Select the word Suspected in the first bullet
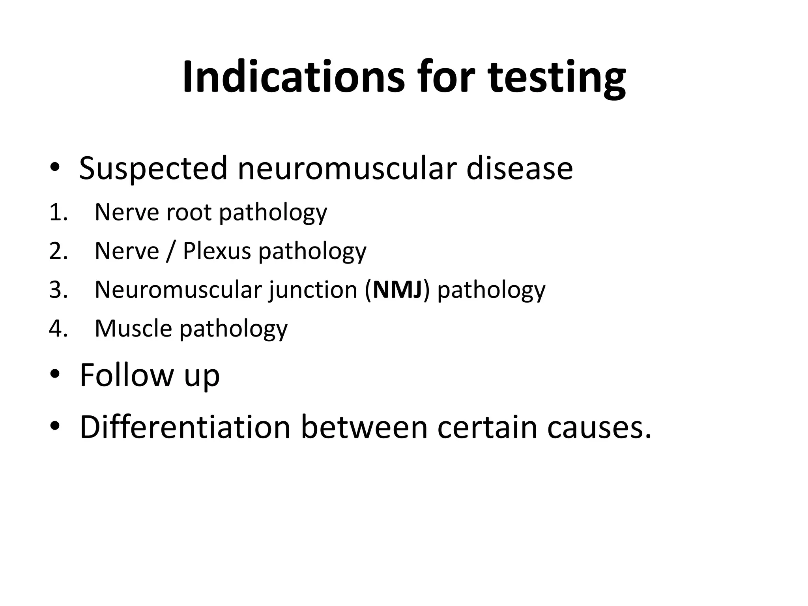[153, 169]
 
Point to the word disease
[519, 169]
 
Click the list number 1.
[58, 213]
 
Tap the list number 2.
[58, 251]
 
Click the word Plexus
[217, 251]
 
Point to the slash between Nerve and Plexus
[170, 252]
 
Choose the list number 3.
[58, 290]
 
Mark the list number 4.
[58, 329]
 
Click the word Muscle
[133, 329]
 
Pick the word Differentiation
[185, 427]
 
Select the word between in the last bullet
[364, 427]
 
